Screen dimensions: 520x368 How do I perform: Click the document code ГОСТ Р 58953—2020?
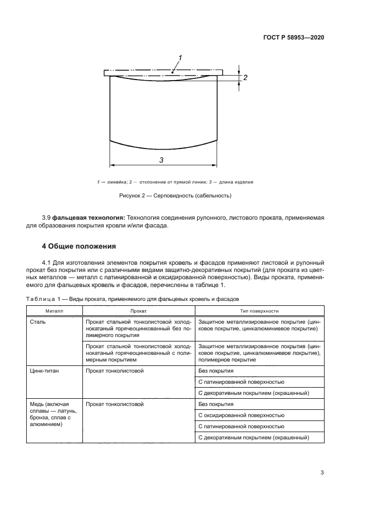coord(294,37)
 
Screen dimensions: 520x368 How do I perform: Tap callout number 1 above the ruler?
coord(180,58)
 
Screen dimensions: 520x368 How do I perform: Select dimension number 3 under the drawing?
coord(161,160)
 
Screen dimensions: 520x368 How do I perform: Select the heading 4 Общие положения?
coord(79,246)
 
